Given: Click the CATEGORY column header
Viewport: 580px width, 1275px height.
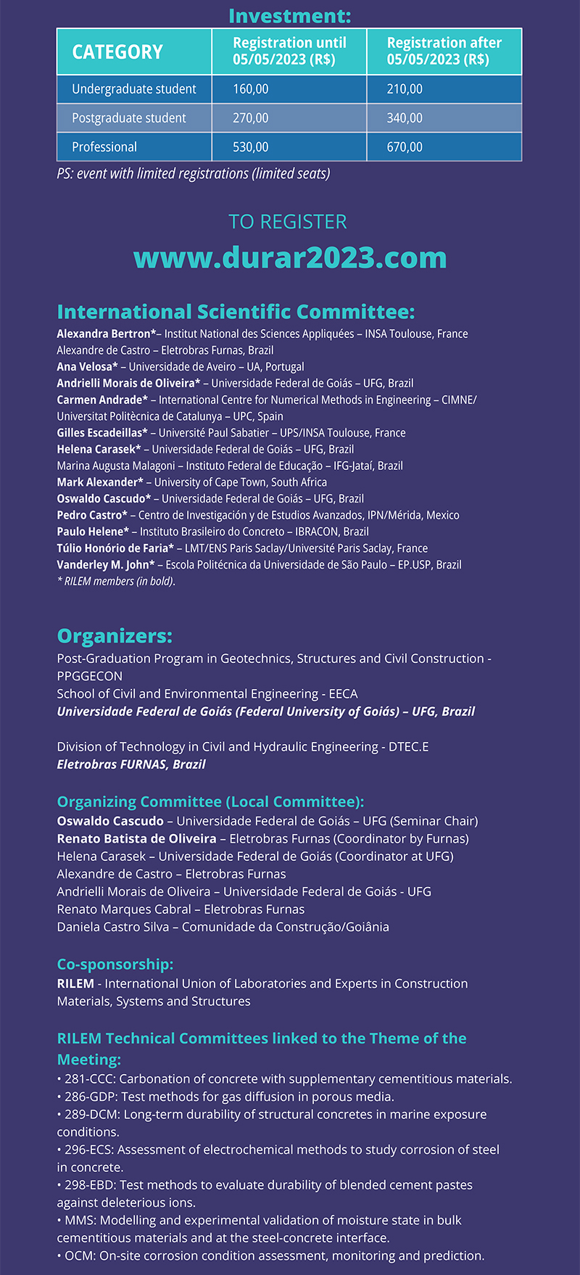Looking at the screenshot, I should tap(117, 52).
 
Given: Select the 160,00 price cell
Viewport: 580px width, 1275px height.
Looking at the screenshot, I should tap(251, 89).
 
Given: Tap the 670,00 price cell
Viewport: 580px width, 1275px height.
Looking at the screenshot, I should tap(405, 147).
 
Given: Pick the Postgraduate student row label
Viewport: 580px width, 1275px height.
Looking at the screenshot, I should tap(129, 118).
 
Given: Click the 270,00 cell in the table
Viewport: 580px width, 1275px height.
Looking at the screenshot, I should tap(251, 118).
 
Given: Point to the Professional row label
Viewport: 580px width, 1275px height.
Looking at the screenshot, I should tap(104, 147).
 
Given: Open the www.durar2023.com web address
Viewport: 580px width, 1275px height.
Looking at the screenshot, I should tap(290, 257).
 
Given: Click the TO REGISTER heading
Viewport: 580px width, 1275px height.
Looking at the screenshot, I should tap(288, 222).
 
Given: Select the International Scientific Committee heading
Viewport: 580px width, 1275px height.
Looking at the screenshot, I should tap(236, 312).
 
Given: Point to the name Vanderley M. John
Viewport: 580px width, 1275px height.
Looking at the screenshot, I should tap(103, 565).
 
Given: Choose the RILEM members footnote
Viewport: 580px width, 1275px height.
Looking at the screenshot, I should tap(116, 581).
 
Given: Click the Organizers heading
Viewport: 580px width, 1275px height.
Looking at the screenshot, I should tap(115, 636).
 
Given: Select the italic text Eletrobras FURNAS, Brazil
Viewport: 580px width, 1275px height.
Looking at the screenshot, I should tap(131, 764).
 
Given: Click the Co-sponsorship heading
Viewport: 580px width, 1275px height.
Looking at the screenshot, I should tap(115, 965).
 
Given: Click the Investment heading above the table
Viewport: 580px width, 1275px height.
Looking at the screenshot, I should tap(290, 15).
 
